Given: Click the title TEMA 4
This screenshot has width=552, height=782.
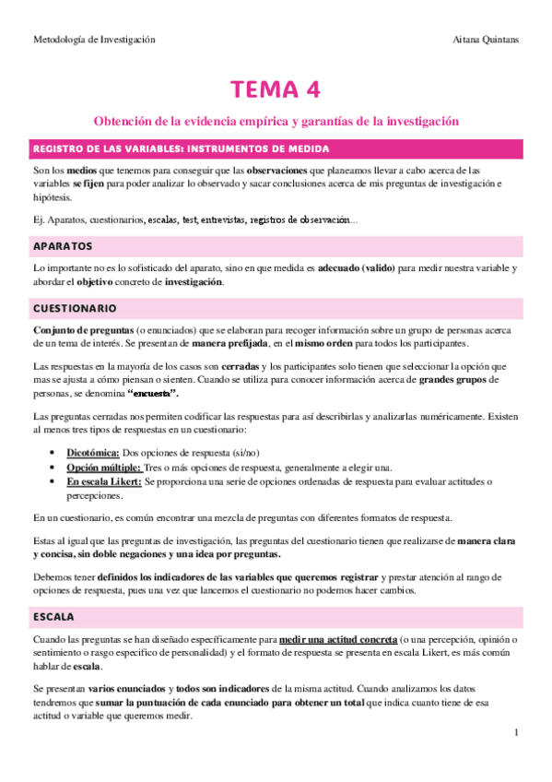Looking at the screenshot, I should tap(276, 89).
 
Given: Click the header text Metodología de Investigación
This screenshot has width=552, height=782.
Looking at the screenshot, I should tap(94, 40).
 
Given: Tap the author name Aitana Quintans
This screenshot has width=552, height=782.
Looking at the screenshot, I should tap(487, 40).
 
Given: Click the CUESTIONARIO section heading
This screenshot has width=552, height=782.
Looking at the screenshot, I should tap(76, 307).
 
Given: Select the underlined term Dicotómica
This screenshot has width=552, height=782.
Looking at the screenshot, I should tap(93, 454).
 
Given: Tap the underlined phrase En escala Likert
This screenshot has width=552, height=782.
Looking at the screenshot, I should tap(104, 481).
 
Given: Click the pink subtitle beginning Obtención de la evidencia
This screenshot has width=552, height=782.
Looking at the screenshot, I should tap(276, 121).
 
